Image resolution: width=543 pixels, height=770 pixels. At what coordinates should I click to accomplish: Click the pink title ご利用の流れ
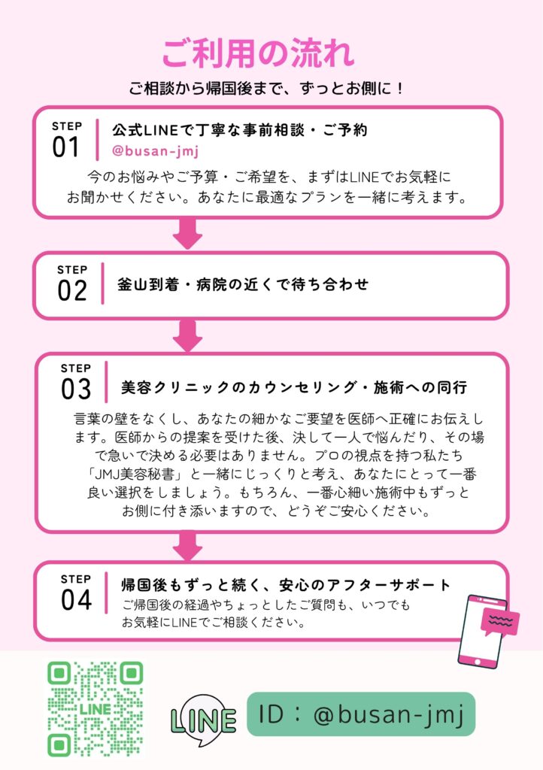tap(258, 54)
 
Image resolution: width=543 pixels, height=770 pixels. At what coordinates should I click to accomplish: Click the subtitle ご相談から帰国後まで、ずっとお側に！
tap(267, 88)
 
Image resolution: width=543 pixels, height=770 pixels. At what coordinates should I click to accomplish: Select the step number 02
tap(72, 290)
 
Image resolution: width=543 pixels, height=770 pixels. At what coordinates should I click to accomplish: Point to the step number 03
tap(75, 389)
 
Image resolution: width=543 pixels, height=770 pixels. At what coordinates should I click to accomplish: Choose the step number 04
tap(75, 600)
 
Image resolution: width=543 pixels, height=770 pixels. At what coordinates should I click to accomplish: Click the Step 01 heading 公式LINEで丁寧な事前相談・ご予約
tap(239, 129)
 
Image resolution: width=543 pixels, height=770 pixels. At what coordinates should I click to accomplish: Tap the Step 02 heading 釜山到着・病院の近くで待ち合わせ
tap(244, 284)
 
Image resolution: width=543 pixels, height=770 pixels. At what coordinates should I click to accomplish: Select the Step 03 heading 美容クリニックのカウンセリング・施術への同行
tap(294, 388)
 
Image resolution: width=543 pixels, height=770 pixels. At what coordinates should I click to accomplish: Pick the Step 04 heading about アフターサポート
tap(287, 585)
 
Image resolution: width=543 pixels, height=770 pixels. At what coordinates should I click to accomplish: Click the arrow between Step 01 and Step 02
tap(187, 234)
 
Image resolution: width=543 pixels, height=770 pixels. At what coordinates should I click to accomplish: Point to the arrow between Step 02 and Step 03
tap(187, 335)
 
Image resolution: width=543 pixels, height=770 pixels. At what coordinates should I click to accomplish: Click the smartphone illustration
tap(479, 630)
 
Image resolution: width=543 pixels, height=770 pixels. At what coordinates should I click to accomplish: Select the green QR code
tap(96, 708)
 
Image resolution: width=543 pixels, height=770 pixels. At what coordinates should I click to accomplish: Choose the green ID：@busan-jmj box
tap(361, 714)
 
